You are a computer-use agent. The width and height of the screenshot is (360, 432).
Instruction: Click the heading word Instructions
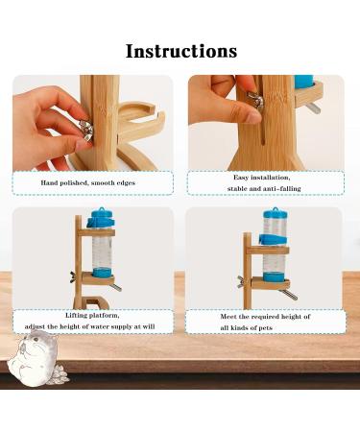click(x=180, y=50)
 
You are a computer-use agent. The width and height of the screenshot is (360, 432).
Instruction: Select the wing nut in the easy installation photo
click(x=255, y=99)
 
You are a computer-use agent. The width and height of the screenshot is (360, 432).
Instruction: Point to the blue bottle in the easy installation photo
click(x=303, y=84)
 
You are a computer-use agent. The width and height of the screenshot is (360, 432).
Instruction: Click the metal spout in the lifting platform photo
click(x=114, y=286)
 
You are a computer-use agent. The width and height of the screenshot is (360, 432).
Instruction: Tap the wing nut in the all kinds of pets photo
click(x=241, y=282)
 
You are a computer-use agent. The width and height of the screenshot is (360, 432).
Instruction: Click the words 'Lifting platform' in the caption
click(x=93, y=314)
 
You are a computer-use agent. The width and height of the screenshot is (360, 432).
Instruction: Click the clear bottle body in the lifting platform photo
click(x=100, y=254)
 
